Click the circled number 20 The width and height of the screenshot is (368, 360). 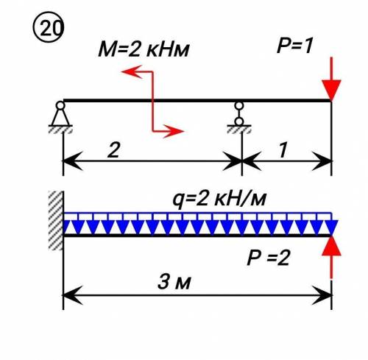point(48,27)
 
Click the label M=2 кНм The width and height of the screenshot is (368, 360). point(144,50)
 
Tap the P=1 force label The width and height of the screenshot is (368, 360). point(294,46)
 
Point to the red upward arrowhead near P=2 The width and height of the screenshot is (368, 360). point(331,246)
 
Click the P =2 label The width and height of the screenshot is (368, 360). point(269,258)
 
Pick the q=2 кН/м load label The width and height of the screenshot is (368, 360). point(219,200)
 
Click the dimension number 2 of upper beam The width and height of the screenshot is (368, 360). point(113,150)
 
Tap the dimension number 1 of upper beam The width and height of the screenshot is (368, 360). point(283,150)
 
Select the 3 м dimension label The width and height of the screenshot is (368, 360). point(174,282)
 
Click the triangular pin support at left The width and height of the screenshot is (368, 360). point(60,117)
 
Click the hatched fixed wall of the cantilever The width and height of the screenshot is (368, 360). point(56,221)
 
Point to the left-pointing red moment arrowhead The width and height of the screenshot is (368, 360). point(132,71)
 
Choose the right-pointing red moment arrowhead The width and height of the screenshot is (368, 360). point(174,131)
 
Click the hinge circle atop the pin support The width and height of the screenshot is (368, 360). point(60,105)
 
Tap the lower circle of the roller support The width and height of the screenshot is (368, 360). point(239,121)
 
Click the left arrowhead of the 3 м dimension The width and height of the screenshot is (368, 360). point(73,295)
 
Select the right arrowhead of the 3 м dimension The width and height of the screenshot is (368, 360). point(322,295)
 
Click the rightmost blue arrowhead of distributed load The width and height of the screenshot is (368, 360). point(331,227)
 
